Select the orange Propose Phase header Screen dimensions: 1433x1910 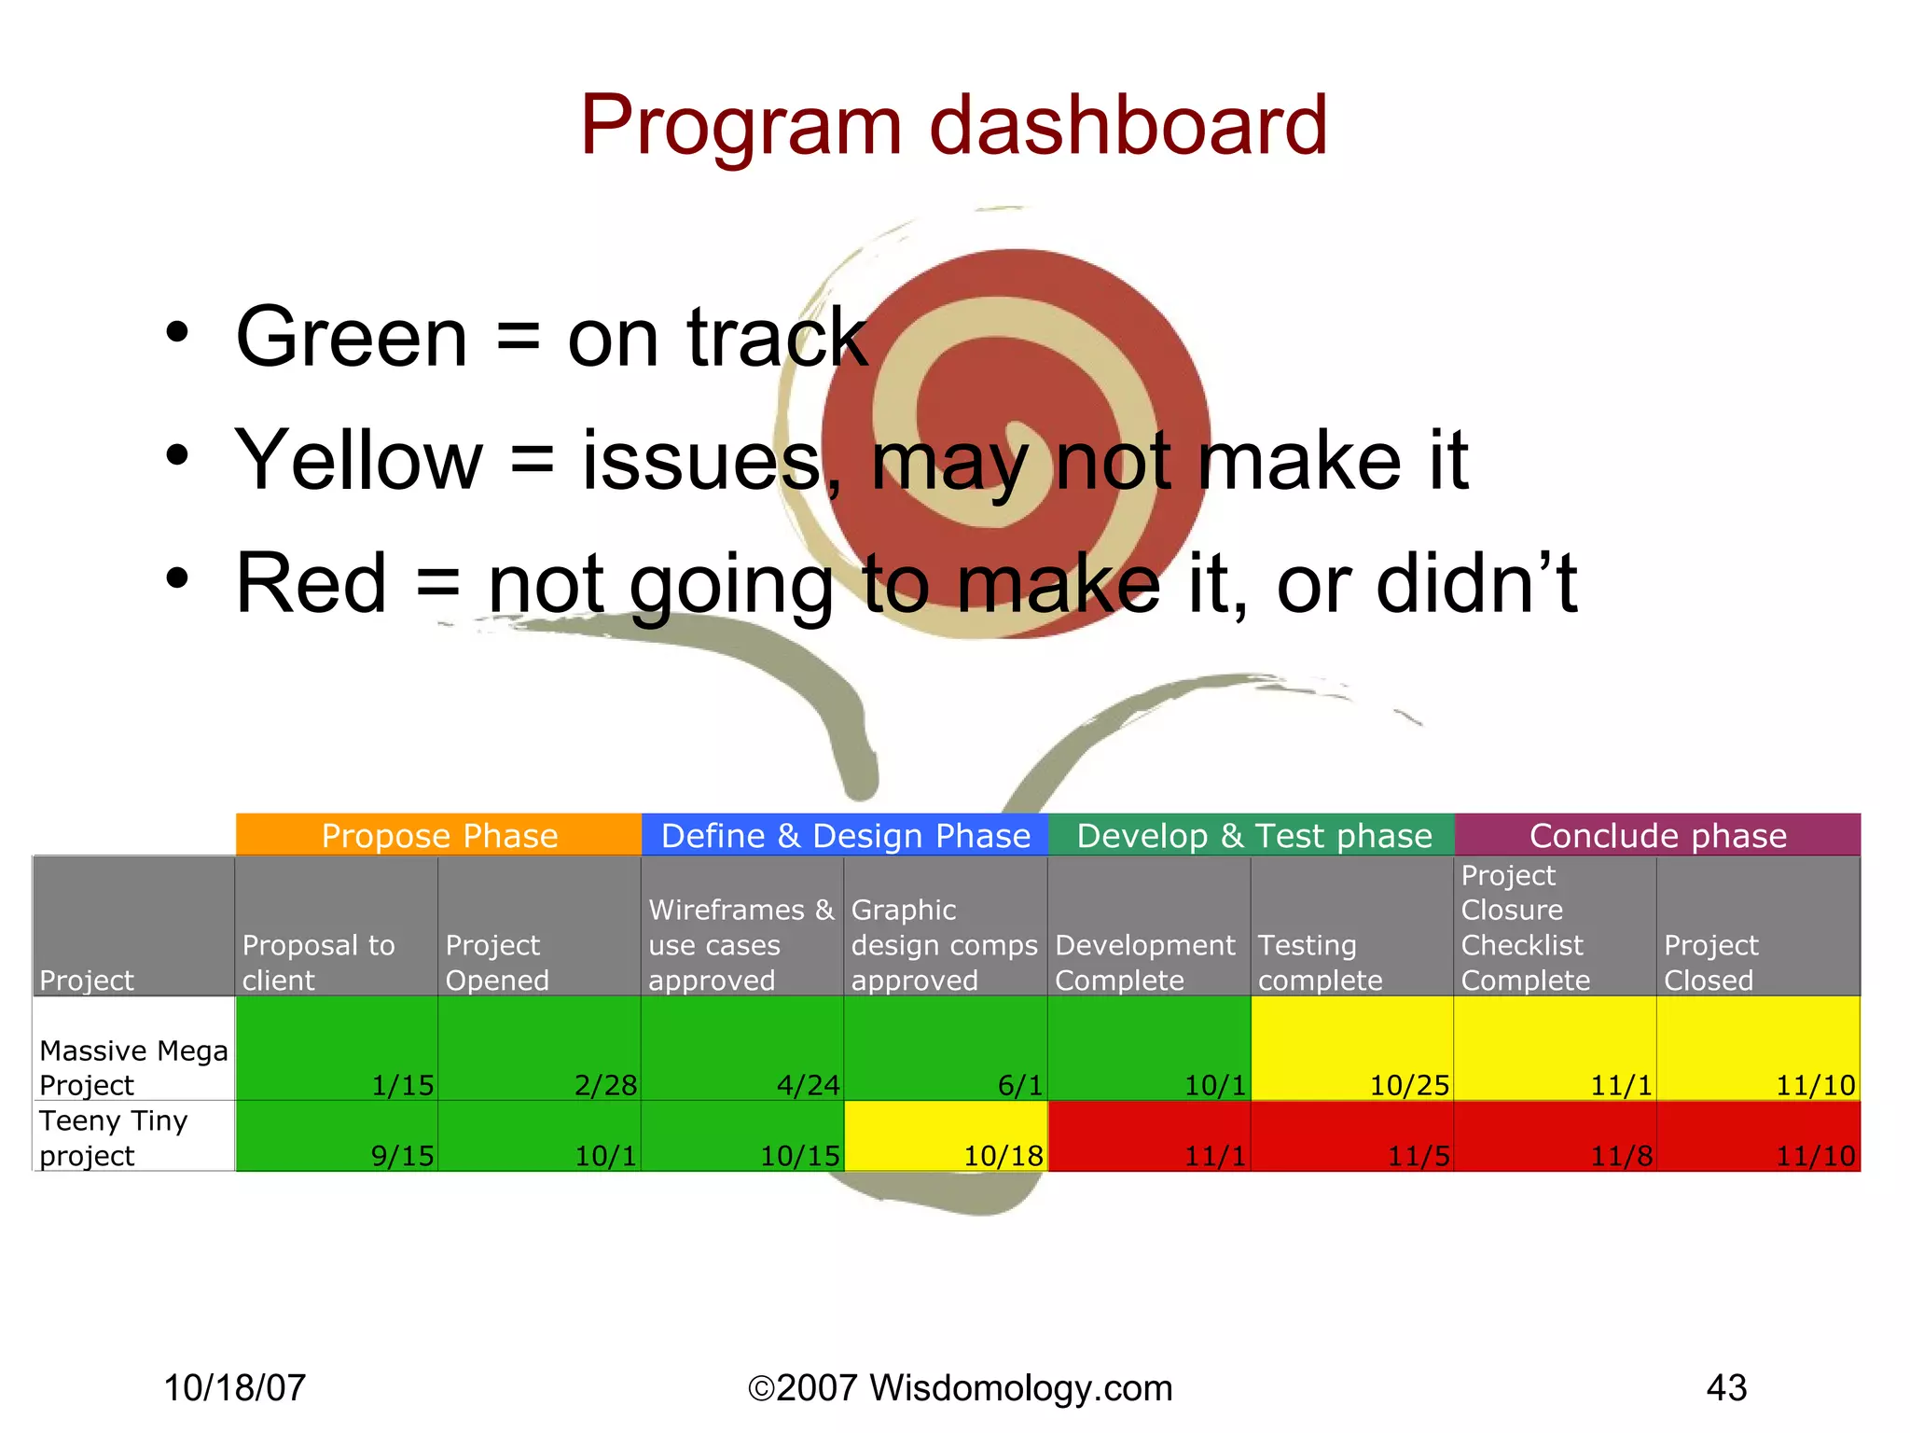pos(438,835)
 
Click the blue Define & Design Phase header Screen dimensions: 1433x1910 pos(845,835)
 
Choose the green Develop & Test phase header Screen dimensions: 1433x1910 pos(1252,835)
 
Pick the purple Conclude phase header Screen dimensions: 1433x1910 pos(1657,835)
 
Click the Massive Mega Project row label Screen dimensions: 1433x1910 pos(133,1067)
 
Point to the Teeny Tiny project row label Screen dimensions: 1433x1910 pos(114,1137)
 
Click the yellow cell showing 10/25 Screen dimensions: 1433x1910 pos(1351,1050)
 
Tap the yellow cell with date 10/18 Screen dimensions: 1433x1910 pos(946,1136)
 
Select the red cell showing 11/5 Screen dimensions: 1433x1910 pos(1351,1136)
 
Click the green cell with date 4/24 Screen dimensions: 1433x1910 pos(742,1050)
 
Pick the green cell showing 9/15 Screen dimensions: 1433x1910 pos(337,1136)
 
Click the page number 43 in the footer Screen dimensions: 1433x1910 pos(1726,1387)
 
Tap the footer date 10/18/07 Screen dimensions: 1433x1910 pos(235,1387)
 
